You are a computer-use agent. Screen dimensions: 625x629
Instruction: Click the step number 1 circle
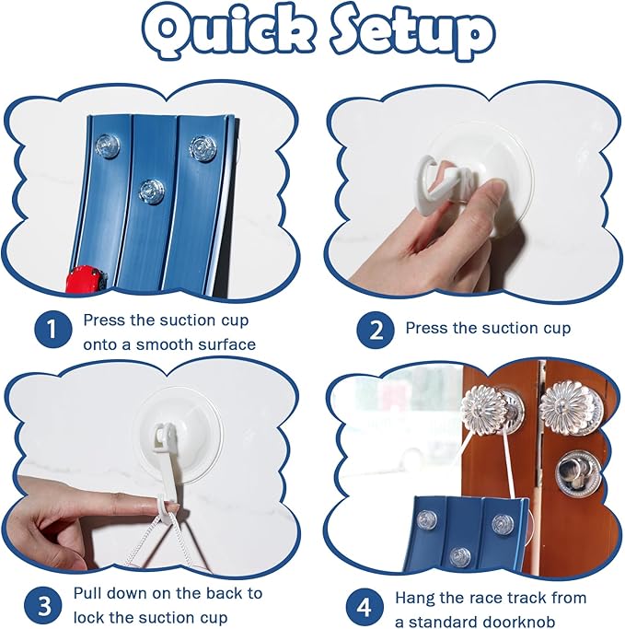tap(52, 329)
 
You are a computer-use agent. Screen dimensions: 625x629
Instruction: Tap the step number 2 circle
tap(376, 330)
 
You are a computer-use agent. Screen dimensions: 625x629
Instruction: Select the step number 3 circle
tap(43, 605)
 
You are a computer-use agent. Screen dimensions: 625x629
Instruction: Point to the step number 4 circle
tap(364, 607)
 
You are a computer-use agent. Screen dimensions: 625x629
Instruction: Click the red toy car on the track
tap(87, 279)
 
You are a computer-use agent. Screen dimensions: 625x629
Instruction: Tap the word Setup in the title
tap(412, 34)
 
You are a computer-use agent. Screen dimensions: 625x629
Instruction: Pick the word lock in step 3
tap(89, 617)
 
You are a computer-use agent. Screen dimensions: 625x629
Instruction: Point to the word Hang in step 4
tap(414, 598)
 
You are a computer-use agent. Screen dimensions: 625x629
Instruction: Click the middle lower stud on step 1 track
tap(152, 190)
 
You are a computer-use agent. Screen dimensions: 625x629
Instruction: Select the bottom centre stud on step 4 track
tap(460, 557)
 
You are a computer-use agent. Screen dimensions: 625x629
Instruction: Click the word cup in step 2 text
tap(557, 329)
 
